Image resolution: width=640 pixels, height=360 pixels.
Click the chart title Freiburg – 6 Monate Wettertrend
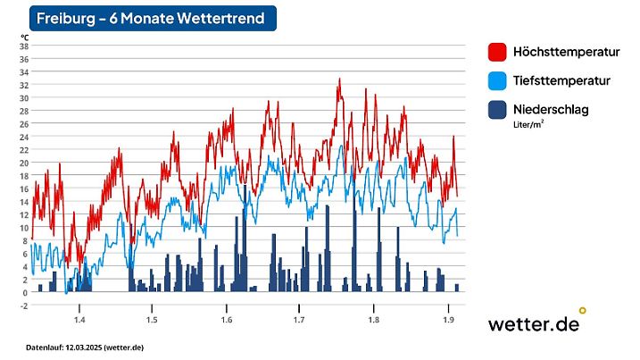coord(151,18)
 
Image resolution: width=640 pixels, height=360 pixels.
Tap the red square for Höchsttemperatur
coord(498,52)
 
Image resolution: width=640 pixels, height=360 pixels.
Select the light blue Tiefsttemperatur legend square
coord(498,81)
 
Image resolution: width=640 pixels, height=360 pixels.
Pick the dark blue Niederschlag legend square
coord(498,110)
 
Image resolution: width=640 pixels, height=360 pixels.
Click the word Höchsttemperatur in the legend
coord(567,52)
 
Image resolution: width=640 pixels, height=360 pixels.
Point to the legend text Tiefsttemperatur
coord(562,80)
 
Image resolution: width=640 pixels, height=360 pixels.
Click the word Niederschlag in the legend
coord(551,109)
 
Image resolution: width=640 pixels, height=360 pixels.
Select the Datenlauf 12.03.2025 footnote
coord(85,347)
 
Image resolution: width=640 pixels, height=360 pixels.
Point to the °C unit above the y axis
coord(25,37)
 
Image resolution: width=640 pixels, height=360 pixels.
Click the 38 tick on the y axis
coord(24,46)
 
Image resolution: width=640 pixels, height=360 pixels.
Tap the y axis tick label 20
coord(24,163)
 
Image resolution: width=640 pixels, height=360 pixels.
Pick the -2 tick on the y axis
coord(24,306)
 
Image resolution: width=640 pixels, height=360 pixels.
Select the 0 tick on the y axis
coord(26,292)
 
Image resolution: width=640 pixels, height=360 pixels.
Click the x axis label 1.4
coord(79,319)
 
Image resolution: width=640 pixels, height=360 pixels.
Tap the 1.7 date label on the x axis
coord(299,319)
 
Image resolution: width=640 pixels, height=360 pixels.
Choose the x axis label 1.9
coord(446,319)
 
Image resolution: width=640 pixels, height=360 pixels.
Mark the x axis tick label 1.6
coord(226,319)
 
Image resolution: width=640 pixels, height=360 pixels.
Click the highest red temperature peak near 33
coord(339,80)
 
